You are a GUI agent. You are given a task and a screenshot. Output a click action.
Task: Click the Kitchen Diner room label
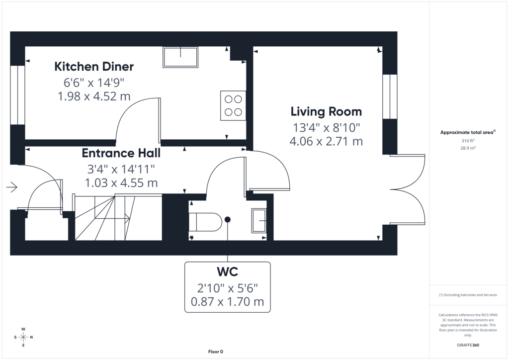pos(94,67)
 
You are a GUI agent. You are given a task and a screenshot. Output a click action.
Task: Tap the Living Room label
pos(326,112)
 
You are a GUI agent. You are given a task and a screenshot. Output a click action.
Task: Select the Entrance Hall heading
pos(121,153)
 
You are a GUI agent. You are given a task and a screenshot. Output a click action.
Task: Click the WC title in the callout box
pos(227,271)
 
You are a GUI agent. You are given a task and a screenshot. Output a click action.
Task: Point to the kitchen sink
pos(180,57)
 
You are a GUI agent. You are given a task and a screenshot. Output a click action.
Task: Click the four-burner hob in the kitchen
pos(233,105)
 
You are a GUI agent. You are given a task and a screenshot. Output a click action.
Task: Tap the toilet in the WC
pos(205,222)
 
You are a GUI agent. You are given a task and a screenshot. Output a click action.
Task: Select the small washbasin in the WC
pos(259,220)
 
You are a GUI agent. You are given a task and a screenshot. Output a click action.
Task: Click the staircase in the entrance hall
pos(118,217)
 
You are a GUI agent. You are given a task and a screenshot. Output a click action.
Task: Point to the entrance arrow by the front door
pos(12,187)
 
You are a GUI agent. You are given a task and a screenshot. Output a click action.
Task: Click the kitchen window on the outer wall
pos(17,95)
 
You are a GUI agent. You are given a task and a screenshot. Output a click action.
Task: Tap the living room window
pos(390,97)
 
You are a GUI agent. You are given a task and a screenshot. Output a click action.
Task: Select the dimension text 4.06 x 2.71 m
pos(326,142)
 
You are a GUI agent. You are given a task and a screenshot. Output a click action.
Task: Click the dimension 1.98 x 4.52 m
pos(94,96)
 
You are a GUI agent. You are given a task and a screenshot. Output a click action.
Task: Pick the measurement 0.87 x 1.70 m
pos(227,302)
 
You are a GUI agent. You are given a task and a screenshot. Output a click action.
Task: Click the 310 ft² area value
pos(468,141)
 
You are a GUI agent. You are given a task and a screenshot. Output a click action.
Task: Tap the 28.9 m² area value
pos(468,148)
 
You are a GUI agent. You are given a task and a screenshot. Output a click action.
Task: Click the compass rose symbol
pos(23,337)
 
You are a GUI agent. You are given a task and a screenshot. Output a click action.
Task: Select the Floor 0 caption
pos(216,352)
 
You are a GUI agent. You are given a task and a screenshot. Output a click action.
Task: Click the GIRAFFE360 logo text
pos(468,345)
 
